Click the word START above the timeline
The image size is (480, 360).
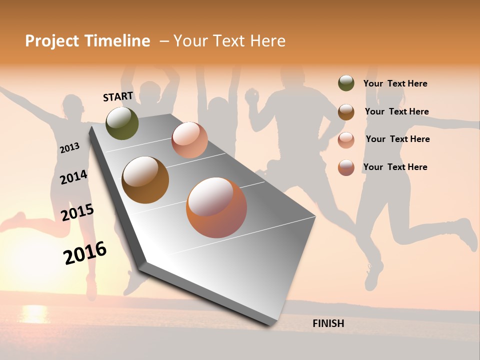[x=118, y=96]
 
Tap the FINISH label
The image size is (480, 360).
[x=328, y=323]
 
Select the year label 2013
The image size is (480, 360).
[x=69, y=147]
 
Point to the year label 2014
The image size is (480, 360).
[x=73, y=177]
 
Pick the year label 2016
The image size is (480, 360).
[x=85, y=252]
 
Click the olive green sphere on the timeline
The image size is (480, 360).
[x=122, y=123]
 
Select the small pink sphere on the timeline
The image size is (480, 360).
[x=189, y=139]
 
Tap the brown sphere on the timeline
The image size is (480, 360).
[x=145, y=179]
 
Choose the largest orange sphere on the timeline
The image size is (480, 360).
[x=216, y=207]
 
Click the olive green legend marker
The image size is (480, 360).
[x=346, y=83]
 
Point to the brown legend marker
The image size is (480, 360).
[x=346, y=111]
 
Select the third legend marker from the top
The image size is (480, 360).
[x=346, y=139]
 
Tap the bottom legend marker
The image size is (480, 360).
[x=346, y=167]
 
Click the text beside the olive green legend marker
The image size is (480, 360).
[x=395, y=83]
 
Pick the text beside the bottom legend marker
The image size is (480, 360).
[x=395, y=167]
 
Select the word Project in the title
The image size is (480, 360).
[x=51, y=41]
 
